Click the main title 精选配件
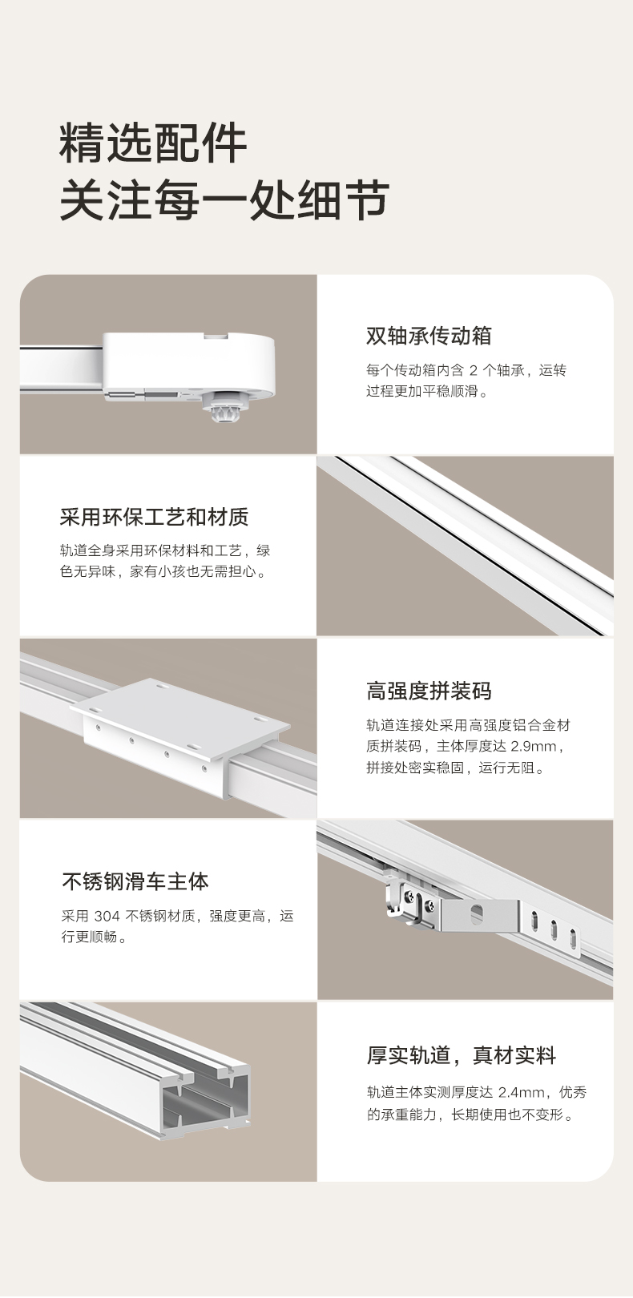(153, 143)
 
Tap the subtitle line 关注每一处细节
(224, 200)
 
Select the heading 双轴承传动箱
(429, 336)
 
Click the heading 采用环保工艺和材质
(154, 517)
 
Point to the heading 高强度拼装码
(429, 691)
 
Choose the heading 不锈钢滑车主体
(135, 881)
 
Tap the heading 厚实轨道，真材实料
(462, 1056)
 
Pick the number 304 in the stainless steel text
(107, 916)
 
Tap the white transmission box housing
(188, 365)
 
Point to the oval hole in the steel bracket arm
(477, 914)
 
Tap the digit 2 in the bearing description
(473, 370)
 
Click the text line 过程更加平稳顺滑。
(428, 391)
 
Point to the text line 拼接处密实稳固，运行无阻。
(456, 768)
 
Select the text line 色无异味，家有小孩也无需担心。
(164, 572)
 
